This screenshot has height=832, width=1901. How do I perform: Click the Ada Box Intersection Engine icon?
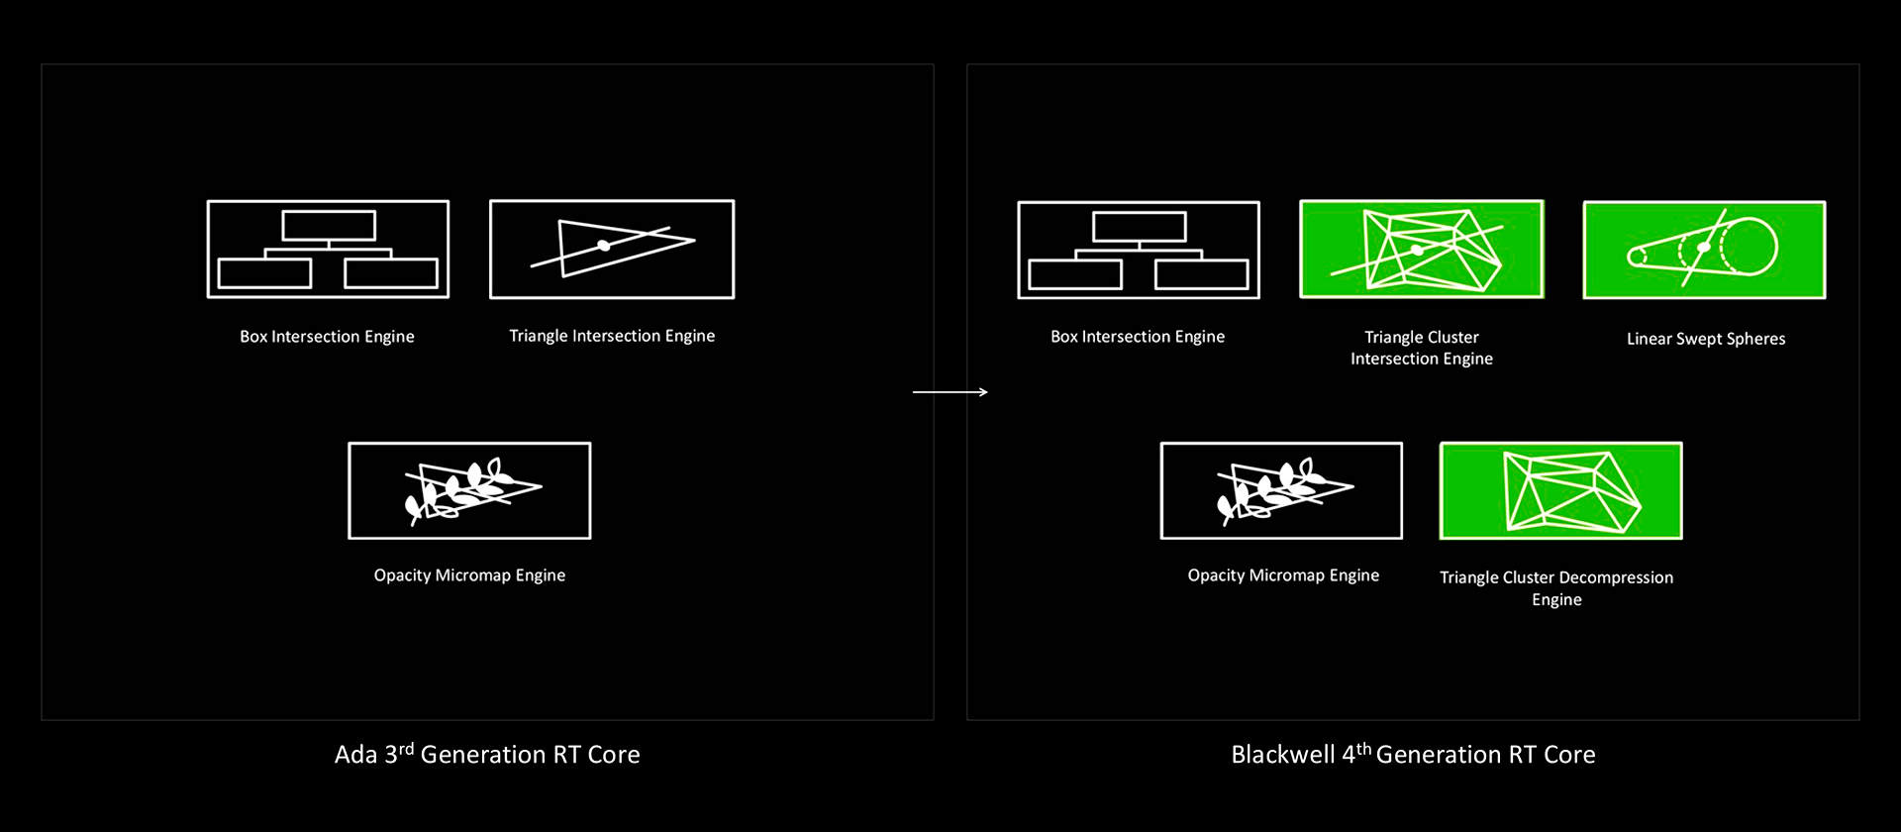click(328, 249)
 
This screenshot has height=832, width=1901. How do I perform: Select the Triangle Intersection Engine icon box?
click(612, 249)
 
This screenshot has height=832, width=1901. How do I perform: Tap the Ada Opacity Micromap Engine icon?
click(469, 490)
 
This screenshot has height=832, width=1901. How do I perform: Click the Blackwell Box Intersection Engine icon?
click(1139, 250)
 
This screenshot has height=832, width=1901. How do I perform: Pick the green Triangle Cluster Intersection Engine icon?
click(1422, 249)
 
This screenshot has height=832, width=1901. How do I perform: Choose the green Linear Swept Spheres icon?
click(1704, 250)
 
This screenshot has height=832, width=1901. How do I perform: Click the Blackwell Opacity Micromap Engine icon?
click(1281, 490)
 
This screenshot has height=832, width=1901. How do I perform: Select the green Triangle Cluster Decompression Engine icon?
click(1560, 490)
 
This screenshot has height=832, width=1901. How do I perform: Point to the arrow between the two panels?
click(950, 392)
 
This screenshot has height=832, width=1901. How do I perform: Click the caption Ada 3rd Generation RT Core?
click(487, 754)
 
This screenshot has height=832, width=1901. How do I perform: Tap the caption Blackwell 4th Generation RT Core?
click(1413, 754)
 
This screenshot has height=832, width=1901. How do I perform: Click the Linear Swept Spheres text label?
click(1706, 339)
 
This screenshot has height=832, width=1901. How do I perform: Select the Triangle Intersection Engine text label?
click(612, 336)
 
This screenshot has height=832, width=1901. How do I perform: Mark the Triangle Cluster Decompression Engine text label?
click(1556, 588)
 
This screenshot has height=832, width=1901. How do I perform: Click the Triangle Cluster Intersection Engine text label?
click(1422, 348)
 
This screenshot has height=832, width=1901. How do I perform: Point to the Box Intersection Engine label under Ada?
click(327, 337)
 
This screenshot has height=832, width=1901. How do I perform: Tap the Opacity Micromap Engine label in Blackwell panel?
click(1283, 575)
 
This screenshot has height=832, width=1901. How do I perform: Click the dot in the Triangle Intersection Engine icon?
click(604, 245)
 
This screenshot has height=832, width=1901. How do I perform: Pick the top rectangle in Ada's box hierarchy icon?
click(329, 226)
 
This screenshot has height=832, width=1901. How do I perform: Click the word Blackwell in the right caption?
click(1283, 754)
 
